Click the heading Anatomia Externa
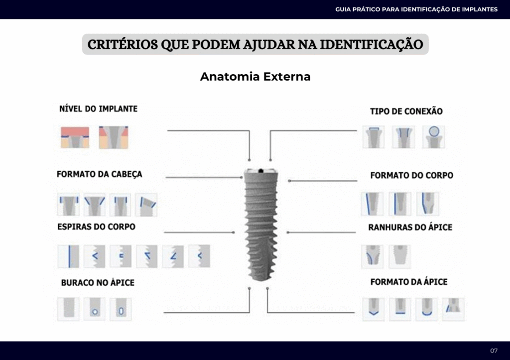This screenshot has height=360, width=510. point(255,77)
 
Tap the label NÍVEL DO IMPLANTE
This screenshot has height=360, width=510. point(98,109)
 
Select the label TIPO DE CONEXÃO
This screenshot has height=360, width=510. point(406,112)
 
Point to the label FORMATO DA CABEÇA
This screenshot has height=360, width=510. point(99,174)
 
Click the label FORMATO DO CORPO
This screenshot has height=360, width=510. point(411,175)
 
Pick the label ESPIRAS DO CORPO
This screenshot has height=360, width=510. point(96,227)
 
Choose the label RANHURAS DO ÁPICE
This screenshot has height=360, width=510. point(410,227)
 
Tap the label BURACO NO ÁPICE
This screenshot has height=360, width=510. point(98,282)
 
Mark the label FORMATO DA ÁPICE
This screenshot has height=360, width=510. point(409,282)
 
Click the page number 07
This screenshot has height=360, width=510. point(494,351)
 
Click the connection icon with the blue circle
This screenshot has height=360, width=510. point(433,136)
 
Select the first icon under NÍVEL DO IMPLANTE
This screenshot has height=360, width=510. point(75,137)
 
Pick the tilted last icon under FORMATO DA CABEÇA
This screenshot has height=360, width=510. point(146,204)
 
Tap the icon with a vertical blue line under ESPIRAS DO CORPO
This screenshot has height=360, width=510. point(68,256)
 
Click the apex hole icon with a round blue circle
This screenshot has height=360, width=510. point(94,309)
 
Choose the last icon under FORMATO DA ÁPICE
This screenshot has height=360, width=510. point(453,309)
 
